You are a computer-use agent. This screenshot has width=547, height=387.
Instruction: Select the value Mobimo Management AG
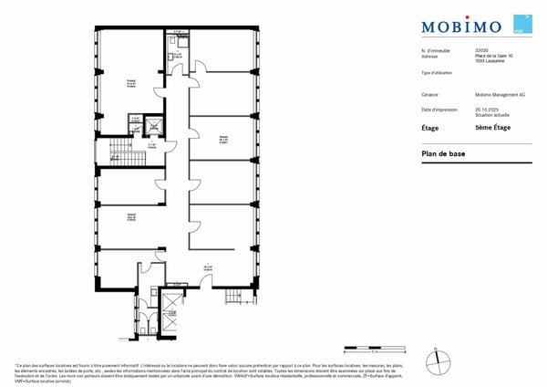coord(500,94)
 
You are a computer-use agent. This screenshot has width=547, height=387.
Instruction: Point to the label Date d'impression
coord(440,109)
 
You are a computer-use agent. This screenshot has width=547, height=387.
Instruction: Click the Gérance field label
coord(429,94)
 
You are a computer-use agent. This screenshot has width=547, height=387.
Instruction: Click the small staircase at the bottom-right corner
coord(237,294)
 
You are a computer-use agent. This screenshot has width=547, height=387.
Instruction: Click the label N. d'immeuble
coord(435,50)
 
